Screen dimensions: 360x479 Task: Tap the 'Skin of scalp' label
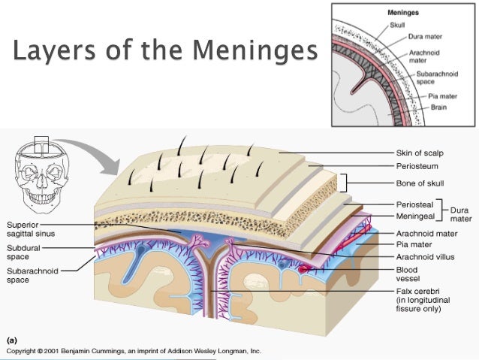point(421,153)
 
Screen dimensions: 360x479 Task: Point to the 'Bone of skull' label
point(420,183)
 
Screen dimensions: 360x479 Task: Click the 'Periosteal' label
point(414,204)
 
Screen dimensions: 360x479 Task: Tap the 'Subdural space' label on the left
point(23,250)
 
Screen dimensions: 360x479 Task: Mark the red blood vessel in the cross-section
point(305,267)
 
